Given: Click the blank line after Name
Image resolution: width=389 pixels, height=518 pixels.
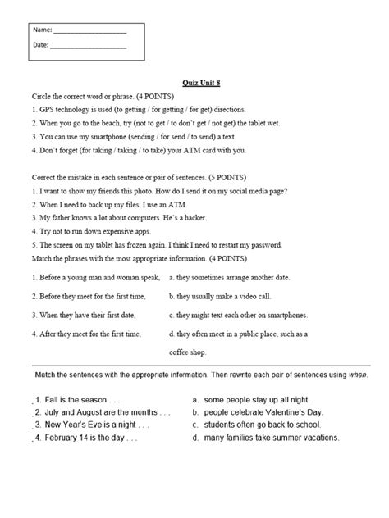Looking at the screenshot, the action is coord(89,30).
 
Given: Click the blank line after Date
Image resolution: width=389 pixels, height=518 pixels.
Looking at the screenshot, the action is coord(88,46).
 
